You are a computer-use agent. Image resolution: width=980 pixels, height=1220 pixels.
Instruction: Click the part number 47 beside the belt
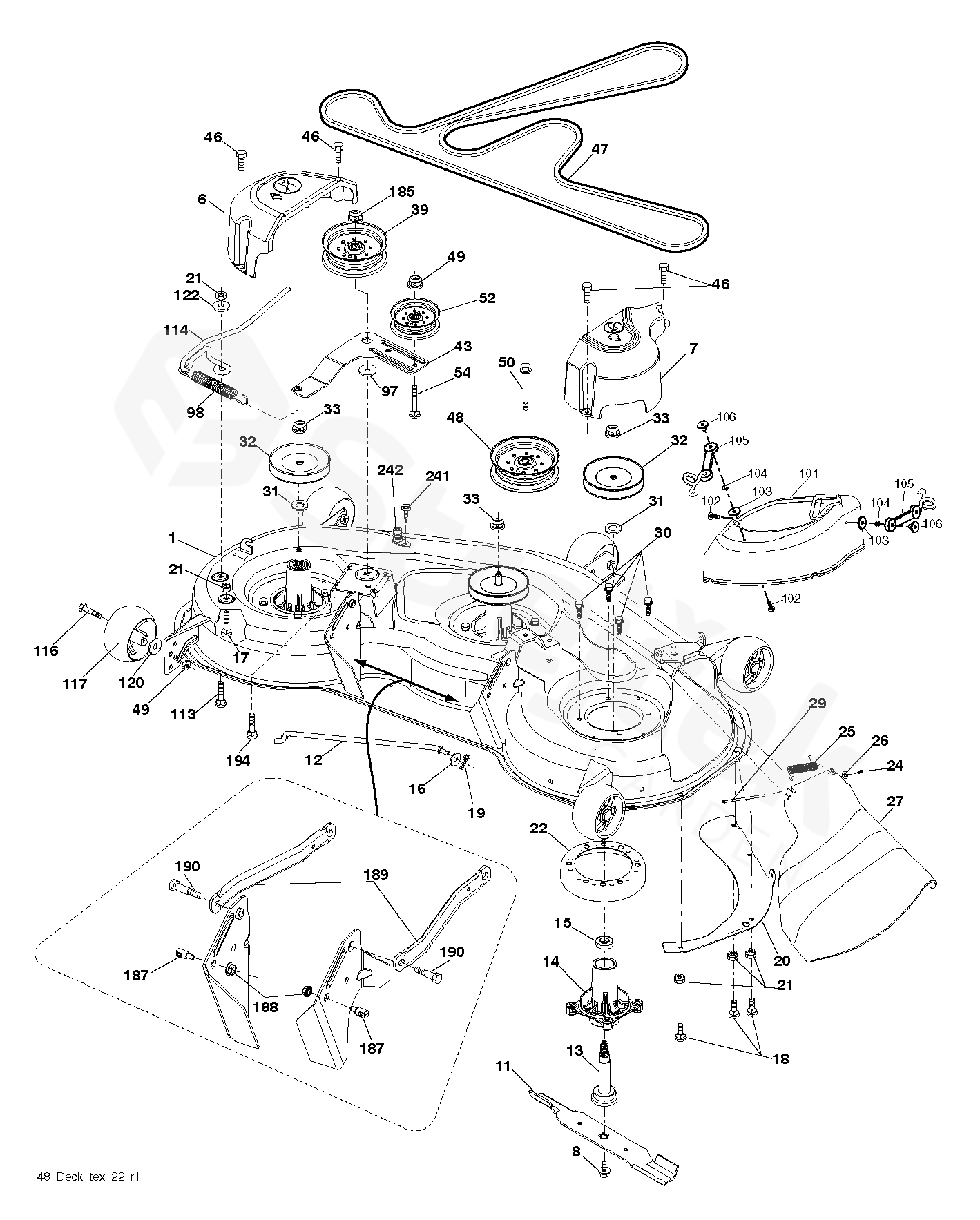[x=600, y=148]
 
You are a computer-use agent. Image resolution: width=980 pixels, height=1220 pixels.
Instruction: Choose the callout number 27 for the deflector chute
[x=895, y=802]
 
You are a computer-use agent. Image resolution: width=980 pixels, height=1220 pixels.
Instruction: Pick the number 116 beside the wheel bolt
[x=46, y=650]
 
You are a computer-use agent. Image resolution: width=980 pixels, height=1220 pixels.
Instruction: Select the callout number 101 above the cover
[x=808, y=474]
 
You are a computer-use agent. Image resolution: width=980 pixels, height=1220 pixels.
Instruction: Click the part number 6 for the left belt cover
[x=202, y=200]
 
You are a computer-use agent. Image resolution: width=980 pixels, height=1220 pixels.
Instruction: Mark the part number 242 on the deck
[x=390, y=471]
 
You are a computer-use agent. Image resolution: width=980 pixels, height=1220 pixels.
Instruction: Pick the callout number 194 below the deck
[x=238, y=760]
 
